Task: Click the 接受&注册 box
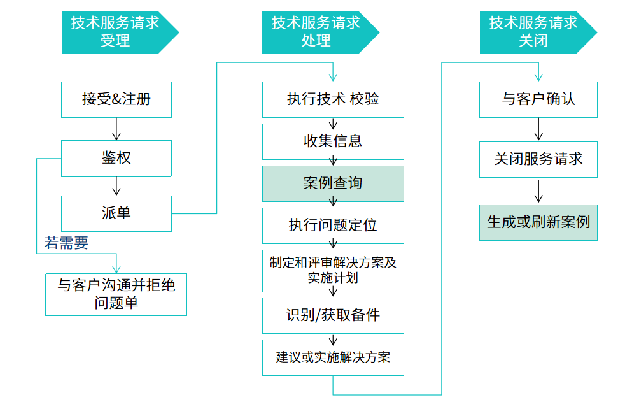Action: [116, 99]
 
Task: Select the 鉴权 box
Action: [116, 158]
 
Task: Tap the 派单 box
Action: [116, 213]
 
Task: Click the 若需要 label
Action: [66, 243]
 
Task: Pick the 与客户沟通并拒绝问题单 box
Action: [116, 294]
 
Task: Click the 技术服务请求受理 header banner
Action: [116, 32]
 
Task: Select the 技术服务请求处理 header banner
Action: [316, 32]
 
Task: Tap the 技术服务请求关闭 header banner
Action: [533, 32]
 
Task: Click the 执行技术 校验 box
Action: [333, 99]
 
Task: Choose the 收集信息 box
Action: [333, 141]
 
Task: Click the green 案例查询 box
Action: [333, 183]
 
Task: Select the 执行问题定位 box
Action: [333, 226]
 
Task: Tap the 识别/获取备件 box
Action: [333, 315]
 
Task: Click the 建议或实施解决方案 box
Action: [333, 357]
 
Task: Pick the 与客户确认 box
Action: [538, 99]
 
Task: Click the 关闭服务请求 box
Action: [538, 159]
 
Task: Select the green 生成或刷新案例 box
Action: [538, 222]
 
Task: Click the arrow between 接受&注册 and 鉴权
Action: [116, 129]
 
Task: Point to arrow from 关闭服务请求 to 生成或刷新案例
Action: [539, 190]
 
